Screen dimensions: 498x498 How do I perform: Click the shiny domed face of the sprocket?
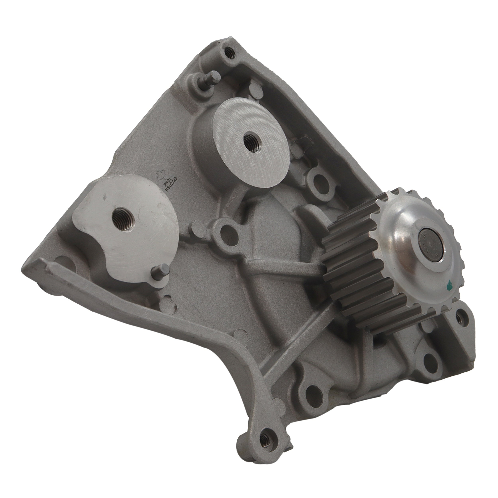tap(402, 237)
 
